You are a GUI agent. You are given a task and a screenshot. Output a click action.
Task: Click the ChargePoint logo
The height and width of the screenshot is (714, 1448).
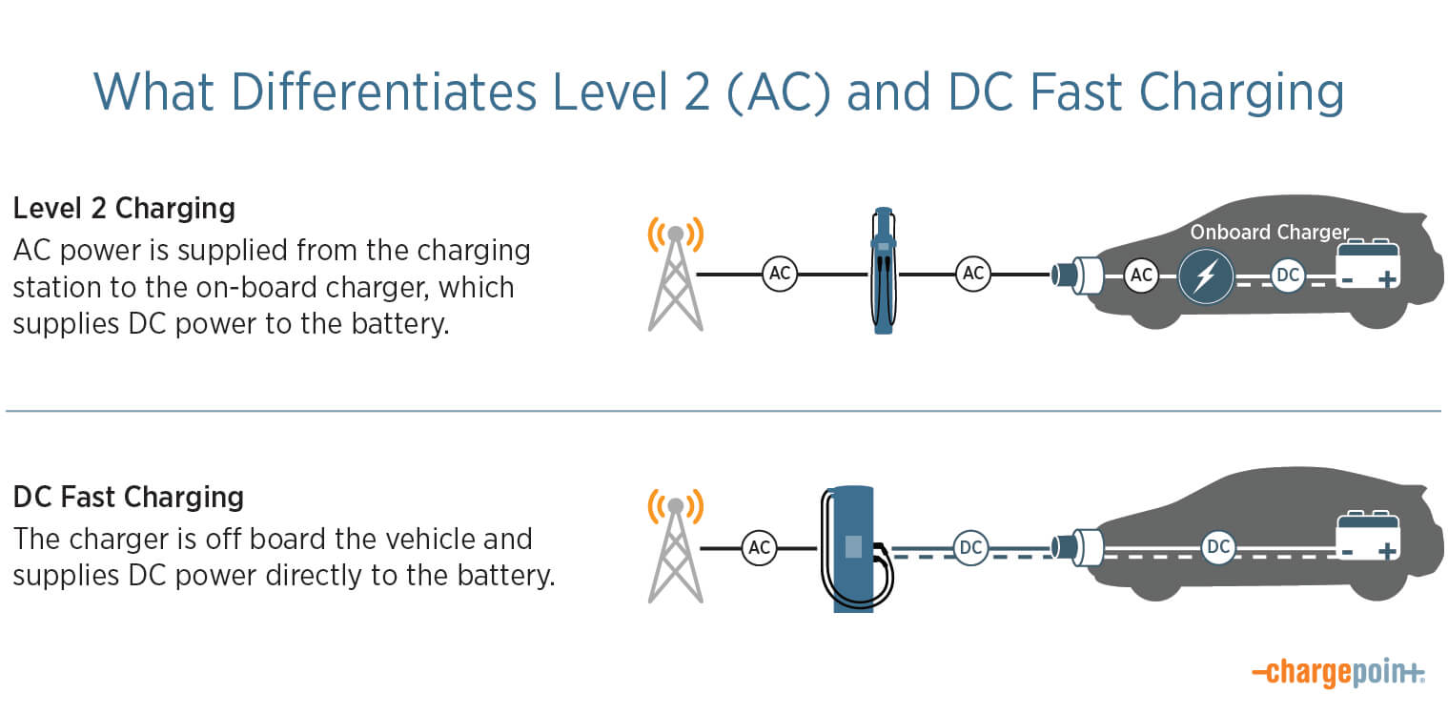tap(1338, 673)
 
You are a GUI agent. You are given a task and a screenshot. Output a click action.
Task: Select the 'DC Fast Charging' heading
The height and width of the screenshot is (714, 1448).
tap(129, 498)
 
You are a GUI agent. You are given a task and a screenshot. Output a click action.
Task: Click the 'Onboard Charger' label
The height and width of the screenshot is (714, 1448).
tap(1270, 232)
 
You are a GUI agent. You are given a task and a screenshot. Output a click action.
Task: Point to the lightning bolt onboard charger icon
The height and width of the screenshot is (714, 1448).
tap(1206, 276)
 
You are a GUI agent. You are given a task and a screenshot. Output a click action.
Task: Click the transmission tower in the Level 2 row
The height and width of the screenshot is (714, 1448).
tap(676, 274)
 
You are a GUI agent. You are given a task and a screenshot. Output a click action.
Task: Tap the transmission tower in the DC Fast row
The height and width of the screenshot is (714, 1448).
tap(676, 546)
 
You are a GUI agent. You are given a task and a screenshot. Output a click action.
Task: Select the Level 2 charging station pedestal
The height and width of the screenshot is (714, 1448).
tap(883, 271)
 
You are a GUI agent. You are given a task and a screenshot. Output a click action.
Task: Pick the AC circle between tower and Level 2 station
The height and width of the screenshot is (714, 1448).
tap(780, 274)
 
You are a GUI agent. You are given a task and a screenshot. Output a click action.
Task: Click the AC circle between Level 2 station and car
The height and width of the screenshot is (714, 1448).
tap(973, 274)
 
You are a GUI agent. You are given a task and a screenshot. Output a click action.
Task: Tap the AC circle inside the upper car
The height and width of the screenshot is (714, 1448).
tap(1141, 275)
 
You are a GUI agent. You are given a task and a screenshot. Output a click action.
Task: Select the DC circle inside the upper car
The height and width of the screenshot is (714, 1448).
tap(1287, 275)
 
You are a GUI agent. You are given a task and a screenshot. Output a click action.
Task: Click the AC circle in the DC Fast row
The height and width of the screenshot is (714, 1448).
tap(759, 548)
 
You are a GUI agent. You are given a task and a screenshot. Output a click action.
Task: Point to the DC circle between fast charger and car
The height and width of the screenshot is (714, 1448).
tap(970, 548)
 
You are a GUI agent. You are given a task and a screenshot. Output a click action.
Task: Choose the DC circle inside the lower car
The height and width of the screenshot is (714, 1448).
tap(1218, 547)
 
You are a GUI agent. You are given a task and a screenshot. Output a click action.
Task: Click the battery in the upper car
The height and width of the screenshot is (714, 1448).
tap(1368, 264)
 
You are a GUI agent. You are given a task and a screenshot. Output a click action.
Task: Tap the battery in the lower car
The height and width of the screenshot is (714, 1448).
tap(1368, 536)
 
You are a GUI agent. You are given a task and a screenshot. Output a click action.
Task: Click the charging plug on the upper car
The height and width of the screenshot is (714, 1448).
tap(1077, 275)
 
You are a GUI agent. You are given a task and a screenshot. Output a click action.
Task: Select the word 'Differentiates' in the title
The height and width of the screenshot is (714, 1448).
tap(384, 92)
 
